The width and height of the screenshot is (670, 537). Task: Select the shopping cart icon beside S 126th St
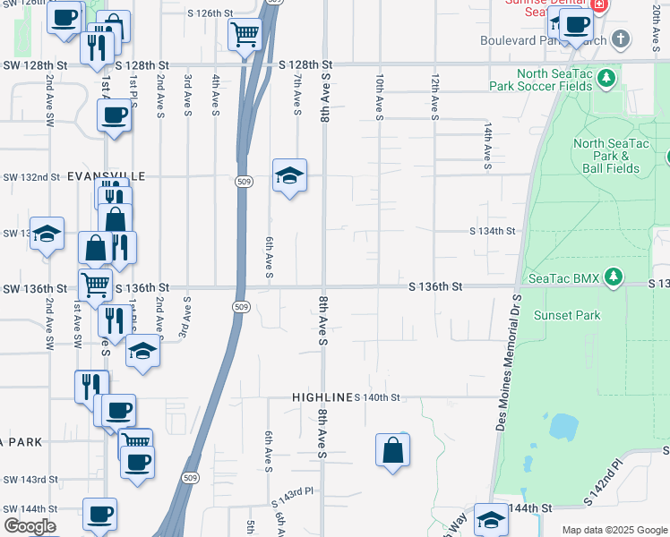(245, 35)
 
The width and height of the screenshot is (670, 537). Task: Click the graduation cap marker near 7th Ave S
(289, 175)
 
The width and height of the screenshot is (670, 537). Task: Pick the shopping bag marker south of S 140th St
(393, 450)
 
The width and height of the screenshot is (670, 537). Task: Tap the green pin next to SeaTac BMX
(614, 277)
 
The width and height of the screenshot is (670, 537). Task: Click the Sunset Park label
(567, 315)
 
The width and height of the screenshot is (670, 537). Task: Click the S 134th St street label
(494, 231)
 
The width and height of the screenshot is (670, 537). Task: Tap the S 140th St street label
(376, 396)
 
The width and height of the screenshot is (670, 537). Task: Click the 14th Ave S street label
(488, 147)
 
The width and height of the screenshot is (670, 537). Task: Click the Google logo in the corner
(30, 526)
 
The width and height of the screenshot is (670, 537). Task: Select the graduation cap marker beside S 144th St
(491, 519)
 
